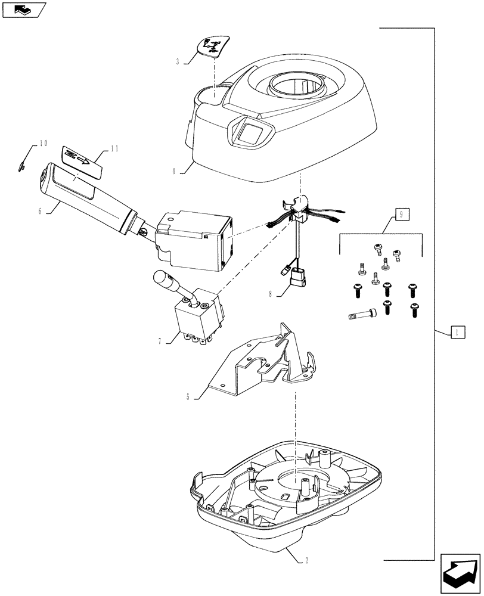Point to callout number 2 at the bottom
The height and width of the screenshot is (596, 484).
306,560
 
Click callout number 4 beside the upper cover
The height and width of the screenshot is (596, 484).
174,170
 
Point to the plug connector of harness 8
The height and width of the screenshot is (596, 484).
297,278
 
